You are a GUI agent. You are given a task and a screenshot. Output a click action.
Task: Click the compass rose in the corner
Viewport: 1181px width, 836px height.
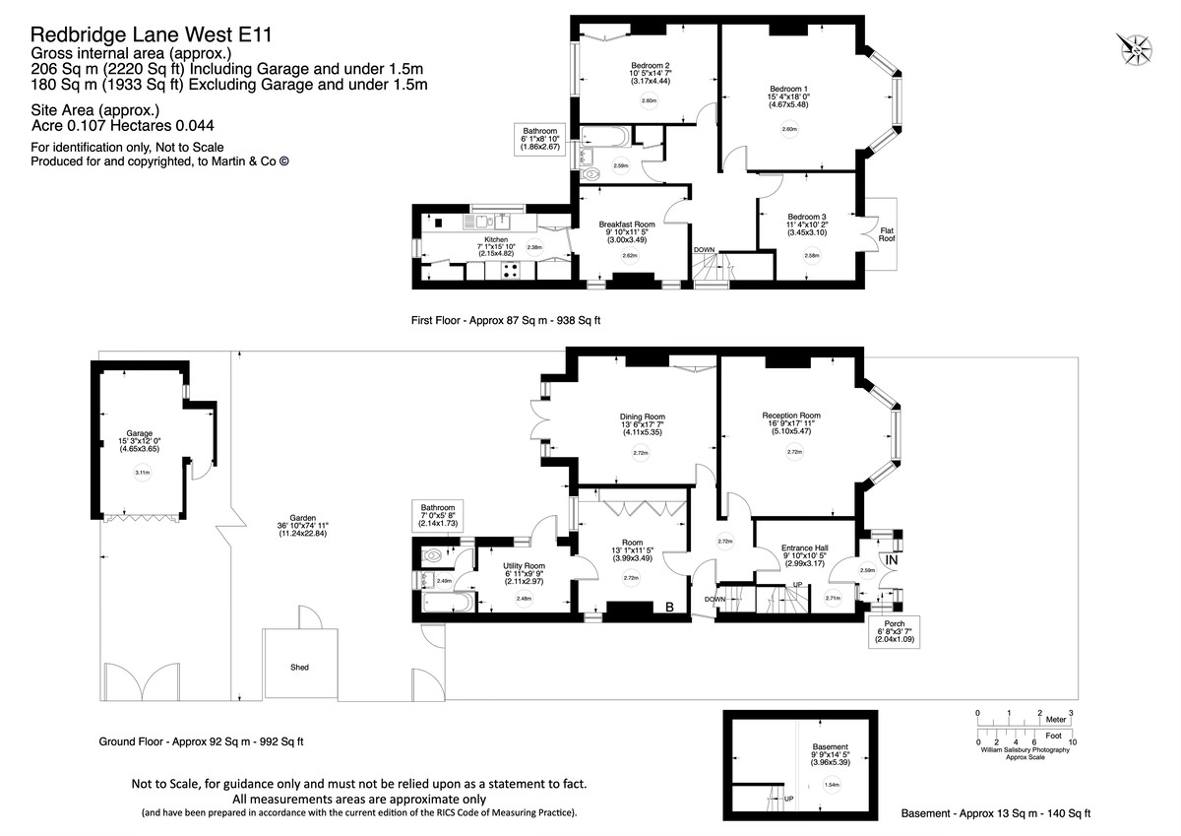[x=1137, y=46]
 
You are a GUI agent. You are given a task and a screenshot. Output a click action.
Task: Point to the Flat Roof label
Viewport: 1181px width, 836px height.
[x=887, y=232]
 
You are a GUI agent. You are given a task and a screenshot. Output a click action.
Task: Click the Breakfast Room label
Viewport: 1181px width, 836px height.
[x=627, y=225]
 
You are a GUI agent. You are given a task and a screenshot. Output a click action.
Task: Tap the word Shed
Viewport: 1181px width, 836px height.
[x=299, y=667]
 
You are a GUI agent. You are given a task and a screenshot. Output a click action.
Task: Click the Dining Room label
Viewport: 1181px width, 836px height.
[x=642, y=417]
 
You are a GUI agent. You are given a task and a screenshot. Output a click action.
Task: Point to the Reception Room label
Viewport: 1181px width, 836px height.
[x=791, y=416]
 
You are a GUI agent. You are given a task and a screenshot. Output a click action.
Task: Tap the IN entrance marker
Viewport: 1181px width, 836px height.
[x=892, y=561]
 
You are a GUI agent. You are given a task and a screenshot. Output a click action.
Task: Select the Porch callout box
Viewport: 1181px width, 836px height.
[x=895, y=629]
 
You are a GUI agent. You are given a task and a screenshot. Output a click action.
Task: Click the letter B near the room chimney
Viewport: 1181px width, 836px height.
[x=669, y=608]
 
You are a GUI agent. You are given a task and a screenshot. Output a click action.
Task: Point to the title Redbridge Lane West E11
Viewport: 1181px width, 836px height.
[x=151, y=34]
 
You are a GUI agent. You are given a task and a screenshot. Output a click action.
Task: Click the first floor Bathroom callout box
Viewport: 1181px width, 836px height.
[x=539, y=143]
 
